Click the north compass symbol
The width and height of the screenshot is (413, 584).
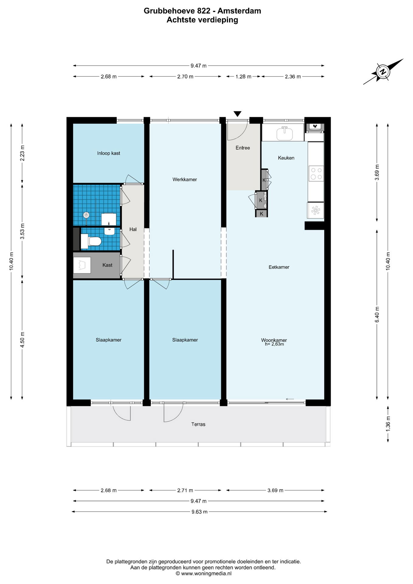coord(383,72)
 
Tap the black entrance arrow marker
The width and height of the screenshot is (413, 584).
coord(238,114)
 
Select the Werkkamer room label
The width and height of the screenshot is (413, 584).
coord(185,179)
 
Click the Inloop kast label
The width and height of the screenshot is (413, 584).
coord(109,153)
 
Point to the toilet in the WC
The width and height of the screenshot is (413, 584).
coord(91,242)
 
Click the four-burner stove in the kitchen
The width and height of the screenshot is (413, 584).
coord(316,173)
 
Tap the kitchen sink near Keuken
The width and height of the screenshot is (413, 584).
coord(285,133)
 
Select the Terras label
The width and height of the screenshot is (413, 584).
coord(198,424)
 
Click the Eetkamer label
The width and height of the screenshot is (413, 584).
coord(279,267)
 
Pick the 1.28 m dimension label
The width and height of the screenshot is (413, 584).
coord(243,77)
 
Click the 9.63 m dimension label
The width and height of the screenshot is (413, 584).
coord(200,512)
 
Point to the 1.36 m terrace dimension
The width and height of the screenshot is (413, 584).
coord(388,423)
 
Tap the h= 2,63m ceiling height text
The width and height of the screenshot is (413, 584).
coord(274,344)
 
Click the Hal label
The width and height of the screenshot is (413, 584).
coord(133,229)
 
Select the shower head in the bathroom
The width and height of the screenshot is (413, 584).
coord(87,215)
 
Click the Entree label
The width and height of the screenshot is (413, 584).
coord(243,148)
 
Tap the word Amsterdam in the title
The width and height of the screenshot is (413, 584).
coord(239,11)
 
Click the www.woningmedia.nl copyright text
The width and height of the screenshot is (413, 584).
coord(203,573)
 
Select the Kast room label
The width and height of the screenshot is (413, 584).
coord(107,265)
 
